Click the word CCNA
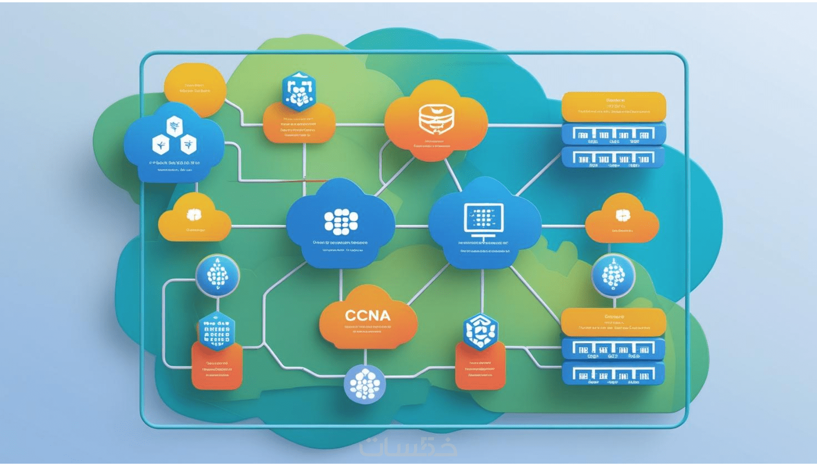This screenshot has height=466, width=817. (x=368, y=316)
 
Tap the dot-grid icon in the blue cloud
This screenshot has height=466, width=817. (x=341, y=221)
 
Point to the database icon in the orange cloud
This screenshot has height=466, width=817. (x=436, y=118)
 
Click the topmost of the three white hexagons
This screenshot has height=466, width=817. (x=174, y=126)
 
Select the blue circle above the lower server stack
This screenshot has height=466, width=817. (x=613, y=275)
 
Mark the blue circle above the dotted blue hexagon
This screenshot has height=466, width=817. (x=217, y=275)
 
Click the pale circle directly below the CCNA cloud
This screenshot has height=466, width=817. (x=365, y=384)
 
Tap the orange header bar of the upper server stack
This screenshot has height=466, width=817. (x=614, y=106)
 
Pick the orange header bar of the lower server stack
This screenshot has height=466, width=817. (x=613, y=321)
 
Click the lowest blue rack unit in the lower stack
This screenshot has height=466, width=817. (x=613, y=374)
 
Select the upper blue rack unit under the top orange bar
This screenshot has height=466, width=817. (x=613, y=134)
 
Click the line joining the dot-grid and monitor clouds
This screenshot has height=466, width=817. (x=411, y=226)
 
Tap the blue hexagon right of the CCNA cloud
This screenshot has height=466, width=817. (x=480, y=331)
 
